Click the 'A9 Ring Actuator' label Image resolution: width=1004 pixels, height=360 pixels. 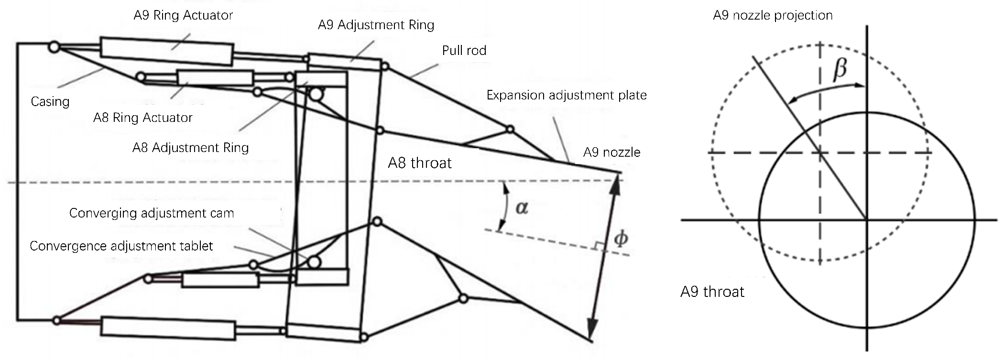(183, 15)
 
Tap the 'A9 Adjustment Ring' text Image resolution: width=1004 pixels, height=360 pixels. (376, 25)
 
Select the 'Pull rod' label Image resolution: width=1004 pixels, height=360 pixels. (464, 50)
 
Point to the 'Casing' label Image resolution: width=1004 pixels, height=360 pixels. (50, 101)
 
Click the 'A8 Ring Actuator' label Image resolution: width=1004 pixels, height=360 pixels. (143, 118)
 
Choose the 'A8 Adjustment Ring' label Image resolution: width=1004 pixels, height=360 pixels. (190, 148)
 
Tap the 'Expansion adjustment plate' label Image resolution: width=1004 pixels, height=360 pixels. (567, 95)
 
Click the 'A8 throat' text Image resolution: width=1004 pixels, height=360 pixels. (420, 163)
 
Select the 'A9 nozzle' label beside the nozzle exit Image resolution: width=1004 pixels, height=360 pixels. (611, 153)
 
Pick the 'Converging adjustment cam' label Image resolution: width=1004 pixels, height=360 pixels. (152, 213)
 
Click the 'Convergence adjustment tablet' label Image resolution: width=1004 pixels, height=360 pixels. (121, 246)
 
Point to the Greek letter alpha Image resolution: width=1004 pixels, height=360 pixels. (522, 207)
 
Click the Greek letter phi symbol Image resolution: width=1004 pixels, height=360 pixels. (621, 238)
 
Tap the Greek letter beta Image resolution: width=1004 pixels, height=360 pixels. (840, 69)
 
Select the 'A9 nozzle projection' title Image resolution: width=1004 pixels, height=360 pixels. (773, 15)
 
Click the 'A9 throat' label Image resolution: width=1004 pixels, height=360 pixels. (712, 292)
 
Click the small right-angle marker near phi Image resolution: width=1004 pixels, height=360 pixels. (597, 246)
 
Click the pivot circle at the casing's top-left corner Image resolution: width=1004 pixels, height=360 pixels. (54, 47)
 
